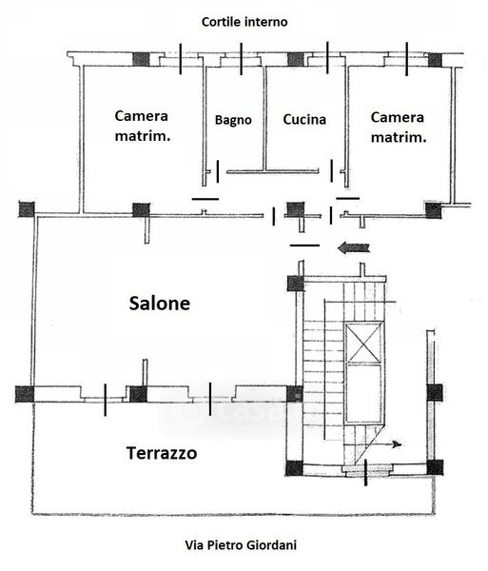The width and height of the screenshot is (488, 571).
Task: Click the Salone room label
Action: coord(160,303)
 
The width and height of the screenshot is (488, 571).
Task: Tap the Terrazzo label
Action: coord(162,453)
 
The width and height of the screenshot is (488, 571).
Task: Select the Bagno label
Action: coord(233,120)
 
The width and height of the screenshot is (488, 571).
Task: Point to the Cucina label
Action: coord(304,120)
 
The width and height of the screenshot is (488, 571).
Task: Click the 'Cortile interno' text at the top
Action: coord(244,22)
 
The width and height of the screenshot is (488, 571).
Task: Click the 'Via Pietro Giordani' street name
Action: coord(241,545)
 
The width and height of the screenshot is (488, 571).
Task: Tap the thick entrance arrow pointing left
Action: coord(354,248)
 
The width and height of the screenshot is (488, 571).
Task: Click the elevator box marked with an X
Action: coord(364,343)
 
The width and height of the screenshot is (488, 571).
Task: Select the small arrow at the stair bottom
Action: coord(388,444)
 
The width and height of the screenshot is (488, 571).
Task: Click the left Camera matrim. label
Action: coord(142,126)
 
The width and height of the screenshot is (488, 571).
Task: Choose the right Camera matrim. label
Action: coord(398,128)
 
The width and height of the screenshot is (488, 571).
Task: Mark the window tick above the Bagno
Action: coord(241,59)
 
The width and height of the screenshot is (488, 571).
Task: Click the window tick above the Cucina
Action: coord(327,57)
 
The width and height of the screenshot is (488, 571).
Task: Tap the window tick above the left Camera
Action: coord(180,59)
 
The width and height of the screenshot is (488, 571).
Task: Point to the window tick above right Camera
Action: coord(406,59)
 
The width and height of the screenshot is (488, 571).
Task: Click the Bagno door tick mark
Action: coord(218,171)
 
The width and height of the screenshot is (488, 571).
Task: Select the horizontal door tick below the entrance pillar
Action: coord(304,246)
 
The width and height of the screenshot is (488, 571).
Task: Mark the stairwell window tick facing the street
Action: coord(365,473)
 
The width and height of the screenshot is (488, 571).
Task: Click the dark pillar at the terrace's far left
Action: coord(25,395)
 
